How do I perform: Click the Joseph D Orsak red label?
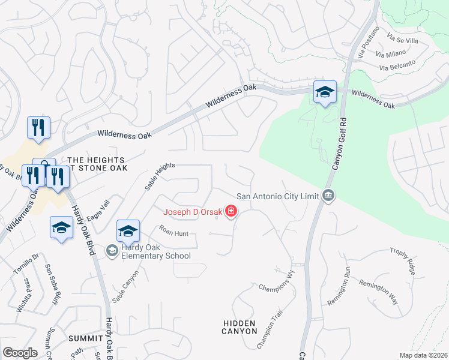(x=192, y=211)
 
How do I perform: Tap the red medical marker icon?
(x=231, y=211)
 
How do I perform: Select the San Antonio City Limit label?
(x=278, y=196)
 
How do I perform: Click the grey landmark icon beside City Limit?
(x=328, y=195)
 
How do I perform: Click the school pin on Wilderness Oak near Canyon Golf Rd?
(x=324, y=92)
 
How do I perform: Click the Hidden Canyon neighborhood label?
(x=240, y=327)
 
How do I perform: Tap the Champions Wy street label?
(x=277, y=280)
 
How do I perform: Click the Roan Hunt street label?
(x=173, y=229)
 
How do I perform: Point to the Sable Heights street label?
(x=159, y=176)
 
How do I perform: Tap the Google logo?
(x=20, y=353)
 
